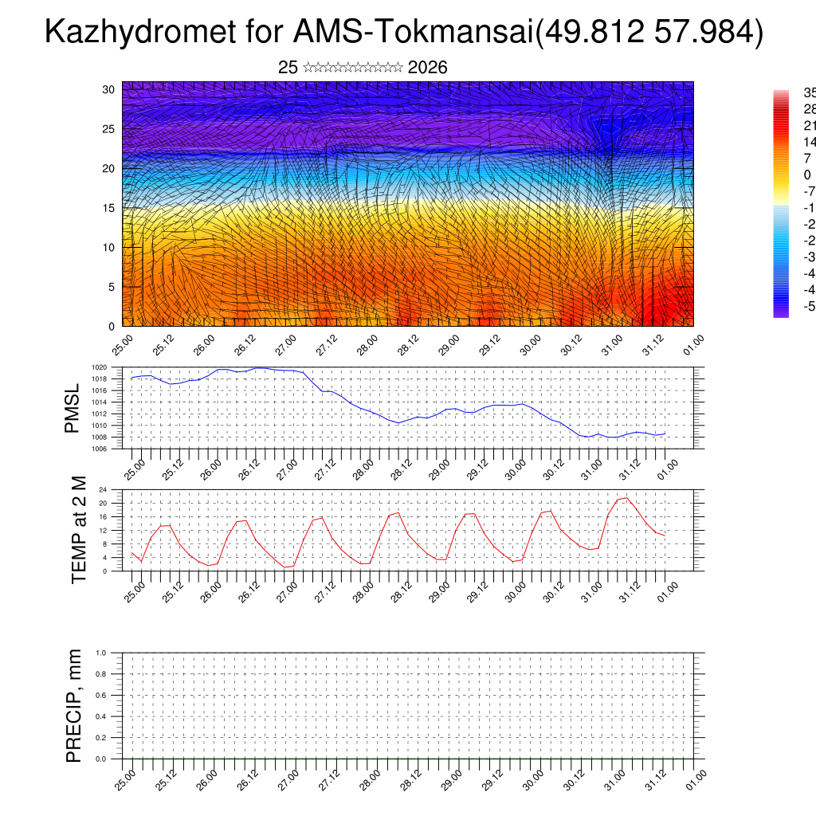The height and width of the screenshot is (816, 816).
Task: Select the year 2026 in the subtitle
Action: pyautogui.click(x=427, y=68)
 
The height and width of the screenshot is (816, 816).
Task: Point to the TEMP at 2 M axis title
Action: pyautogui.click(x=78, y=529)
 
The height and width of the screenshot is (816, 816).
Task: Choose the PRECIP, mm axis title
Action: pyautogui.click(x=74, y=706)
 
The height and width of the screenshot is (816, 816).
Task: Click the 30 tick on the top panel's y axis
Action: pyautogui.click(x=109, y=89)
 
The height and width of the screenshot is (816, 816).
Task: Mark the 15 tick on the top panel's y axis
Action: pyautogui.click(x=109, y=208)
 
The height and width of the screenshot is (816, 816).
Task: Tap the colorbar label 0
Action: pyautogui.click(x=806, y=175)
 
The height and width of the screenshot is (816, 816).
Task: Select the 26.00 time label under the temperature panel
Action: pyautogui.click(x=210, y=592)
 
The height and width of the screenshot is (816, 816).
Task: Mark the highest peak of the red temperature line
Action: pyautogui.click(x=626, y=497)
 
